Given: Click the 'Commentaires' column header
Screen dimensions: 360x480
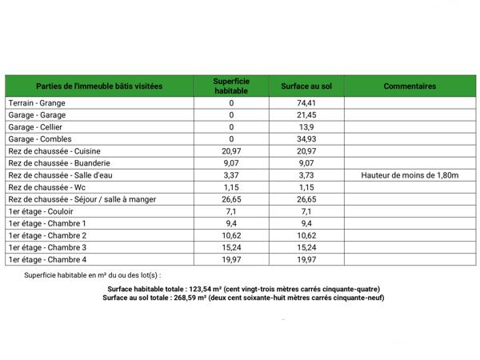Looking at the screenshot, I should pos(410,86).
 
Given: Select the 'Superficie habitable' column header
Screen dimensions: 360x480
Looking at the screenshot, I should pos(232,86).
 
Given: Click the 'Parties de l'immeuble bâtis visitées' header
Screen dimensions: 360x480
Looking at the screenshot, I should pos(99,86).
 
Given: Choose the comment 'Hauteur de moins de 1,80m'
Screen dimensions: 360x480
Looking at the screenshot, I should pos(410,175).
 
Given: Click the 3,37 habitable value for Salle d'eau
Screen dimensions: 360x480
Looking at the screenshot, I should pos(232,175).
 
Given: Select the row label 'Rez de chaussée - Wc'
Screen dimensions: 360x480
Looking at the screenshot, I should pos(46,187).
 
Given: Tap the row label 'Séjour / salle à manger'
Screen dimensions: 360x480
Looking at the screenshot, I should pos(113,199).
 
